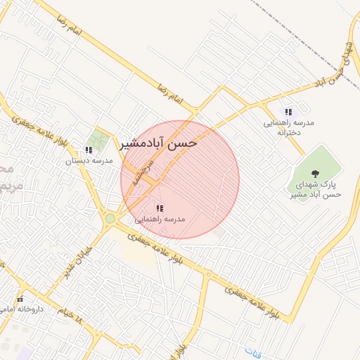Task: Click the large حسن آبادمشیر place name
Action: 160,143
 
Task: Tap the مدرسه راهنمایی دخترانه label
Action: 288,127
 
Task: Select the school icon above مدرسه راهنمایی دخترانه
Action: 288,112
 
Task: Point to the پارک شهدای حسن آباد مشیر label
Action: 315,189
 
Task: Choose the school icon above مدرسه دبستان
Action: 88,150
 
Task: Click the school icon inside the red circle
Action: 160,208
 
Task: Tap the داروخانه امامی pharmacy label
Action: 22,309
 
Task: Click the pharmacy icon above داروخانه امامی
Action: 20,299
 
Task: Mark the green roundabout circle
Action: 110,219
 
